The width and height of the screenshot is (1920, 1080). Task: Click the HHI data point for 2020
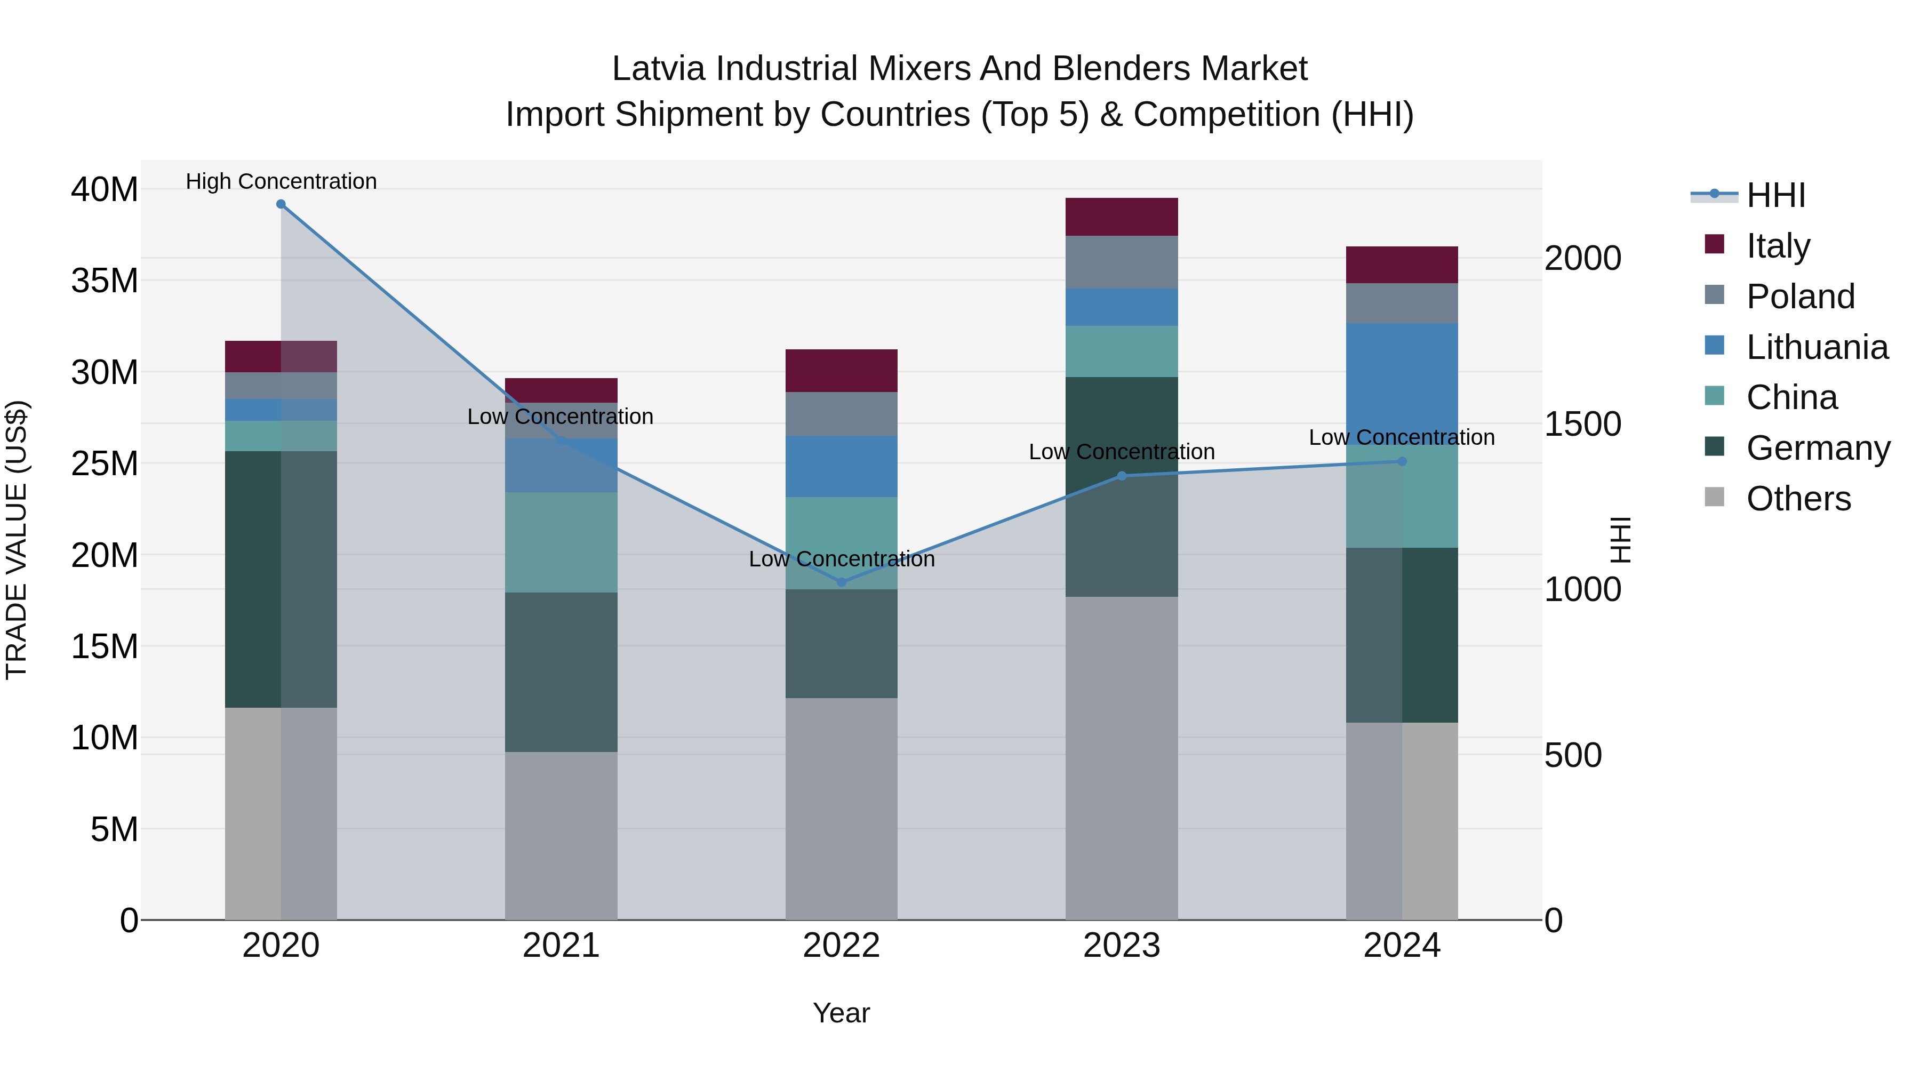point(281,204)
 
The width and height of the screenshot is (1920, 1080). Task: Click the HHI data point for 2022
point(842,582)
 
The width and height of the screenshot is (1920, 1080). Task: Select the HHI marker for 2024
point(1402,461)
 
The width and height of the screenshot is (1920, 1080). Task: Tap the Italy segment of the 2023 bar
point(1122,217)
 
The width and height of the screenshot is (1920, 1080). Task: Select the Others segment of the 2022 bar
point(842,809)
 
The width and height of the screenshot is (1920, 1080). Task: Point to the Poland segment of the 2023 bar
point(1122,262)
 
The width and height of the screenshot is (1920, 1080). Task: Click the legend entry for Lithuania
point(1817,347)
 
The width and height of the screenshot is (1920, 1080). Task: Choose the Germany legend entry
point(1817,448)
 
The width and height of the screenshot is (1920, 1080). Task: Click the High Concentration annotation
point(281,181)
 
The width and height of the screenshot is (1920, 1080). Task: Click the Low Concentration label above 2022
point(842,559)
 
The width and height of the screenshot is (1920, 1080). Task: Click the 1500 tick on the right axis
point(1582,424)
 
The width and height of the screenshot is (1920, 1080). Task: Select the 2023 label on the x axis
point(1122,946)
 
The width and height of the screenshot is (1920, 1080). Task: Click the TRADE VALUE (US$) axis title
point(17,540)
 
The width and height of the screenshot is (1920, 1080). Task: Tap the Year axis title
point(842,1013)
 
